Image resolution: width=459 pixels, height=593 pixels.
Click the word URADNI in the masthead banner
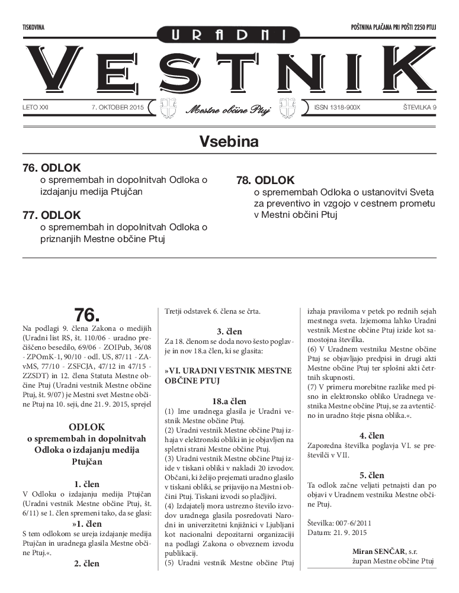[x=229, y=36]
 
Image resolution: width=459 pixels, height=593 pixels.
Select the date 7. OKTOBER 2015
[x=118, y=108]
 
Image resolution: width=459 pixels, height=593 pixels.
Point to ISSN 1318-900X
[x=334, y=108]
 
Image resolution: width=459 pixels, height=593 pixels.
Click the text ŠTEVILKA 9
[x=410, y=108]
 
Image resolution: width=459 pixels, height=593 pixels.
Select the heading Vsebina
[x=229, y=141]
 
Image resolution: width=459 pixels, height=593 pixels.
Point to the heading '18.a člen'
[x=229, y=401]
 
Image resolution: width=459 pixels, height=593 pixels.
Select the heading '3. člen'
[x=229, y=331]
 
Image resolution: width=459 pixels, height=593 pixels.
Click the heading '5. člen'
[x=371, y=475]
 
